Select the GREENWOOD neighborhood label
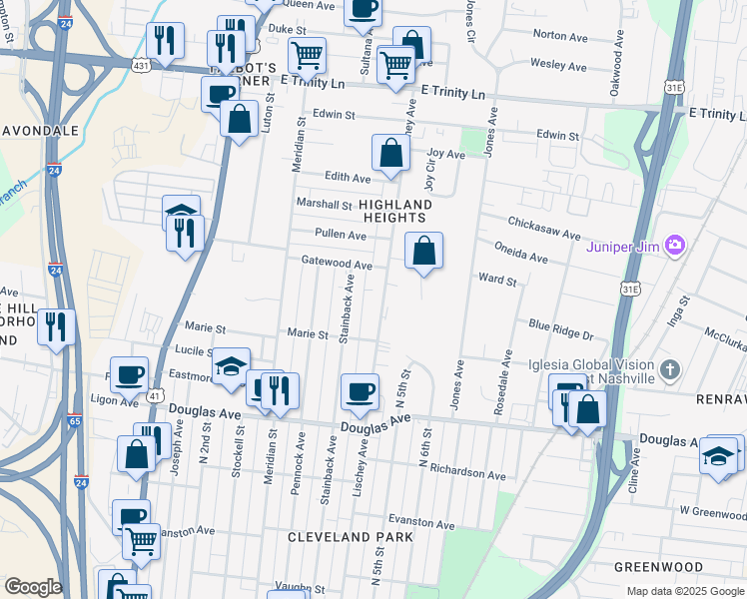(x=658, y=567)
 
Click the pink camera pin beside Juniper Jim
(x=676, y=245)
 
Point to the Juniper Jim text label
(x=625, y=245)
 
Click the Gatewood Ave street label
(x=337, y=265)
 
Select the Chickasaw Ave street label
(x=544, y=228)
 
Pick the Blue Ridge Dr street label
(x=560, y=330)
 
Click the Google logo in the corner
(x=32, y=587)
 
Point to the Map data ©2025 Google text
(x=684, y=591)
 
